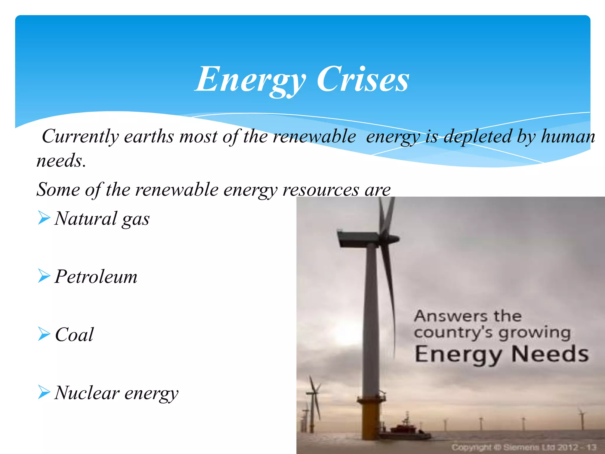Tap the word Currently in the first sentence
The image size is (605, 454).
80,137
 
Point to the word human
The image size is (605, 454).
568,137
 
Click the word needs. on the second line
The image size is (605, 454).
61,161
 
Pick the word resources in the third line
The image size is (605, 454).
321,189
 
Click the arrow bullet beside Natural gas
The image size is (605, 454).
44,218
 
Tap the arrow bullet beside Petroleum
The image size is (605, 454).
44,277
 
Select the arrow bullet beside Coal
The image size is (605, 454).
44,335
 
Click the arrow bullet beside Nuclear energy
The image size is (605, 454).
44,393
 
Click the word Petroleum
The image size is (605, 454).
96,277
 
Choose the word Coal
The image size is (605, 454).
74,335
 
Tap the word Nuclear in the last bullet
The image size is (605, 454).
87,393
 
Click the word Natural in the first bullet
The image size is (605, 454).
86,219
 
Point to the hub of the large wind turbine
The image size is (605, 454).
391,238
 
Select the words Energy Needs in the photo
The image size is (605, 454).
501,354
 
